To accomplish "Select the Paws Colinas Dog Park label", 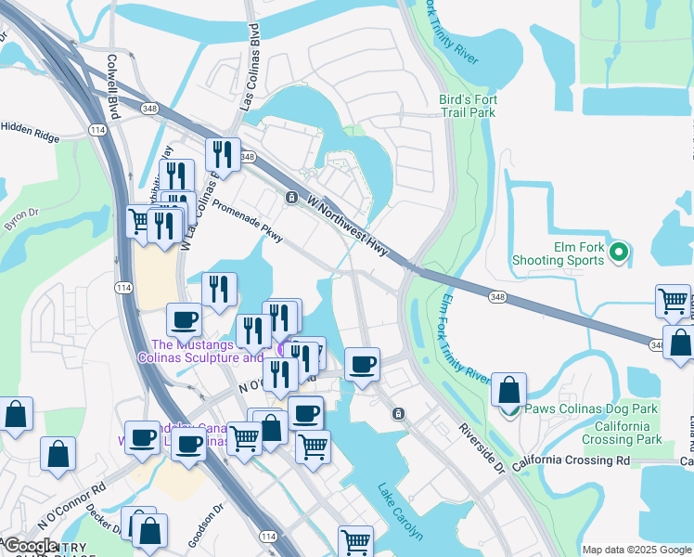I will pyautogui.click(x=591, y=408).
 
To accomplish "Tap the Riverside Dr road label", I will pyautogui.click(x=481, y=447).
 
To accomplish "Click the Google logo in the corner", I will pyautogui.click(x=31, y=546).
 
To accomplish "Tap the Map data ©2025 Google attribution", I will pyautogui.click(x=636, y=550).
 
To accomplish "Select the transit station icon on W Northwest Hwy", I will pyautogui.click(x=291, y=197).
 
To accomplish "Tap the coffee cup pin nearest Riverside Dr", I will pyautogui.click(x=362, y=363).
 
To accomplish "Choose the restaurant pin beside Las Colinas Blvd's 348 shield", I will pyautogui.click(x=223, y=154).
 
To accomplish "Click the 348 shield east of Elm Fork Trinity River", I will pyautogui.click(x=498, y=296).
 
